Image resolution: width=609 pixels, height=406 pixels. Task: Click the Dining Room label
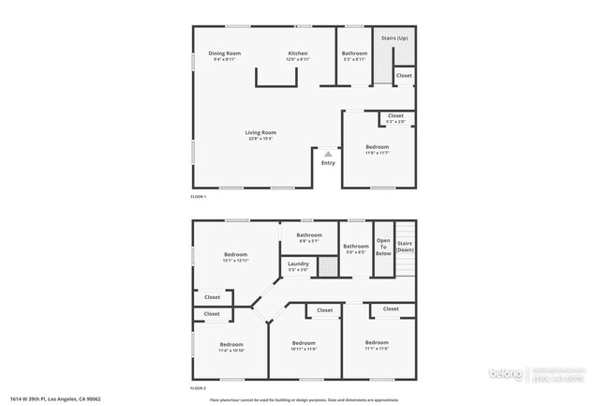(x=224, y=53)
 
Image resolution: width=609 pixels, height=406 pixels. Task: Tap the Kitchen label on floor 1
(x=298, y=53)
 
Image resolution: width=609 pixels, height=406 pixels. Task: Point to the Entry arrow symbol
(x=328, y=154)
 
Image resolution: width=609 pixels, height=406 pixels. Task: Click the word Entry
(x=328, y=163)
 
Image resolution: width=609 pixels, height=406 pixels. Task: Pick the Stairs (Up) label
(x=395, y=38)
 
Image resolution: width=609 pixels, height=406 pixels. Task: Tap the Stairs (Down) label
(x=405, y=248)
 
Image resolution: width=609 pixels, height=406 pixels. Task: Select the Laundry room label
(x=298, y=263)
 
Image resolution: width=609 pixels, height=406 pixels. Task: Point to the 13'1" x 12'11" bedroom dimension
(x=235, y=262)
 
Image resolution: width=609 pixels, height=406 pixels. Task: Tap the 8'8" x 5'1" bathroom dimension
(x=309, y=241)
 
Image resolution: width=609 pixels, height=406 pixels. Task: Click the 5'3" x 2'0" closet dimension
(x=395, y=122)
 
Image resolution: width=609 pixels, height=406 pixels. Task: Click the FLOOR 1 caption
(x=198, y=197)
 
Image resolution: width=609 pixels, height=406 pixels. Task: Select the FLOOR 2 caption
(x=198, y=387)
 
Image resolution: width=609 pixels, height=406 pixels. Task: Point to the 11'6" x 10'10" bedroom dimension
(x=231, y=350)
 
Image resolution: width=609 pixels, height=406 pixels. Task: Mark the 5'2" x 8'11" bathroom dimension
(x=354, y=60)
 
